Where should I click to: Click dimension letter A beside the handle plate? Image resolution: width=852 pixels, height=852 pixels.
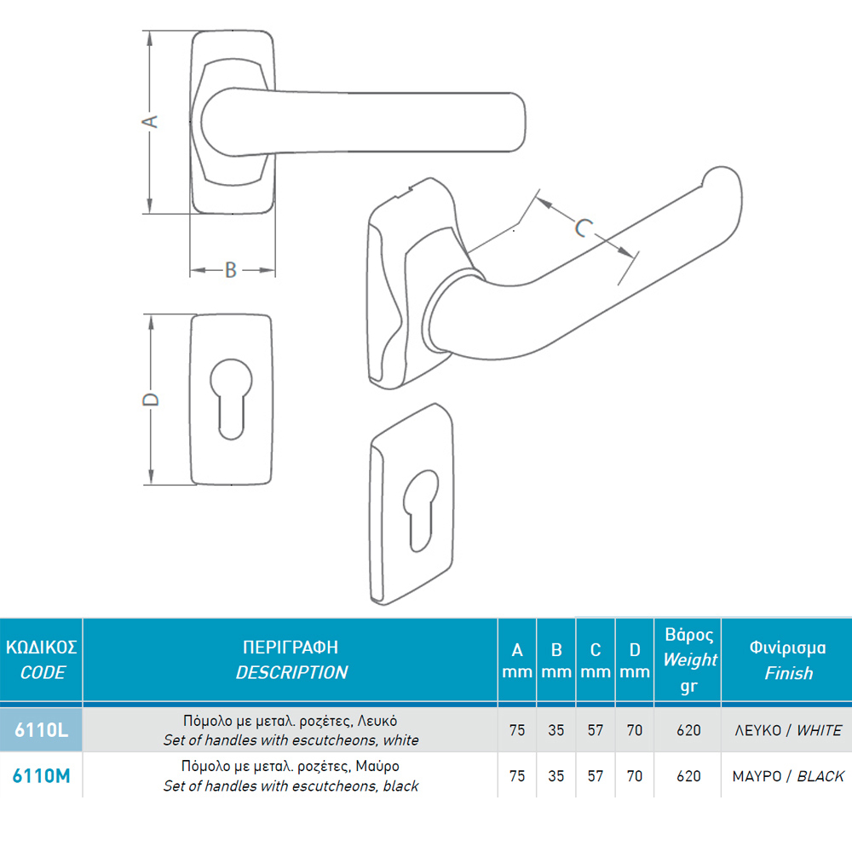tap(150, 121)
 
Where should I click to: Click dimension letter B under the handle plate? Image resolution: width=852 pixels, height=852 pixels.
tap(231, 270)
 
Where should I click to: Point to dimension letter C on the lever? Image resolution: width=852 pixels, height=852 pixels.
tap(584, 227)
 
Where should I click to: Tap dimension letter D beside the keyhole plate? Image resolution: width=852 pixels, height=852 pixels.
tap(150, 400)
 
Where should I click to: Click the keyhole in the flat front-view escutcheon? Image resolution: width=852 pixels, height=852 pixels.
tap(231, 398)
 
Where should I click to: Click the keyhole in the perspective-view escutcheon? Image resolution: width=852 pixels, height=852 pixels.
tap(421, 510)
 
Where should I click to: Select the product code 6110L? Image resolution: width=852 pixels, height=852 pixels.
tap(41, 729)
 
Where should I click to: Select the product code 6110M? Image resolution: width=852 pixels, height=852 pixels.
tap(41, 775)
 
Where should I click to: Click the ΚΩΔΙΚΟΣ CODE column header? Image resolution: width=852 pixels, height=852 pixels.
tap(41, 659)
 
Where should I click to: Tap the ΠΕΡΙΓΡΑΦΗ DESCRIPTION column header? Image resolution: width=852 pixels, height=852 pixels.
tap(291, 659)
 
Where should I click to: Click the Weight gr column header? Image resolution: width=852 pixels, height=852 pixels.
tap(689, 659)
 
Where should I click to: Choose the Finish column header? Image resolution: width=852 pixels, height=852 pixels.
tap(788, 659)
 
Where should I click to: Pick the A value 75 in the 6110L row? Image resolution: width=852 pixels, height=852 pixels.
tap(517, 730)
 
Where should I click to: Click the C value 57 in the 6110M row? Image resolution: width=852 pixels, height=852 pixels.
tap(596, 776)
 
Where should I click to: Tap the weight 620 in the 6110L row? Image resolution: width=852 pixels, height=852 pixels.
tap(688, 730)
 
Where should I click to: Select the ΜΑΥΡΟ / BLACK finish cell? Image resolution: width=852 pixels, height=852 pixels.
tap(788, 776)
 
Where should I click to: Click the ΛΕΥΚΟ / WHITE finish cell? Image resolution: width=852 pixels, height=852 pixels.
tap(788, 730)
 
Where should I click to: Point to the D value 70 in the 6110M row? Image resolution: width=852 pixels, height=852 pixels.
tap(635, 776)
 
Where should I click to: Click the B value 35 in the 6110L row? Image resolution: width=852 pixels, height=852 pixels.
tap(556, 730)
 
